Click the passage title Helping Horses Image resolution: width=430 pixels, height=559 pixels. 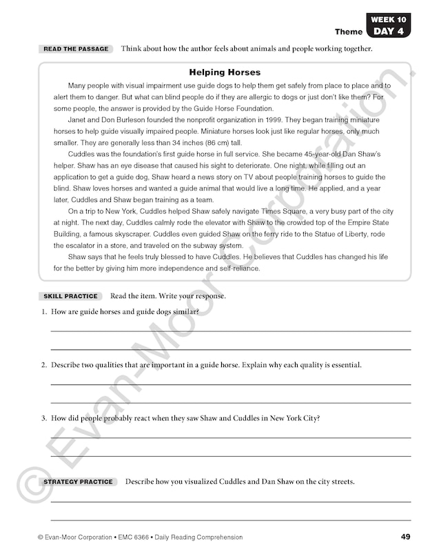[225, 72]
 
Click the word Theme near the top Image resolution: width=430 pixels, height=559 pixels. [349, 32]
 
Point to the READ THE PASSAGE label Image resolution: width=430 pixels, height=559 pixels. [76, 49]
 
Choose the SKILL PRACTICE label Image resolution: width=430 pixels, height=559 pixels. [70, 296]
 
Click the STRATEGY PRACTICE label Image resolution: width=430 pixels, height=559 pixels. [78, 482]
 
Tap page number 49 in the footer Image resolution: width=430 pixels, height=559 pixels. [406, 537]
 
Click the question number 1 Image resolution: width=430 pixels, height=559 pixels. [43, 312]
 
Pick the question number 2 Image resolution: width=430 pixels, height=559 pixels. [43, 364]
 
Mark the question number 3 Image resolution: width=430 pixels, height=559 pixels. [43, 418]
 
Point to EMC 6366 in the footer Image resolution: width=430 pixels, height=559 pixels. [132, 537]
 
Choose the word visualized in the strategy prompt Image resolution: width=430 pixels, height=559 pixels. [205, 482]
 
